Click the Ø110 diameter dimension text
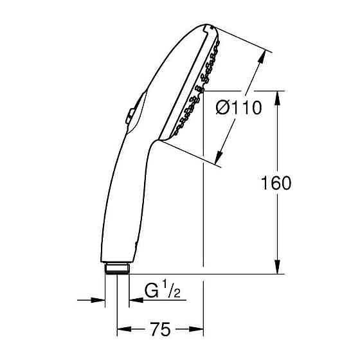(239, 109)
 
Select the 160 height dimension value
(276, 183)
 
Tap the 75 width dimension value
(160, 330)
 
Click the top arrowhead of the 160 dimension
(277, 96)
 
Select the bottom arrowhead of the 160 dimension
(277, 269)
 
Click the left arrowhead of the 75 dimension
(122, 330)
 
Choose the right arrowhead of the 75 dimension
(199, 330)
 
